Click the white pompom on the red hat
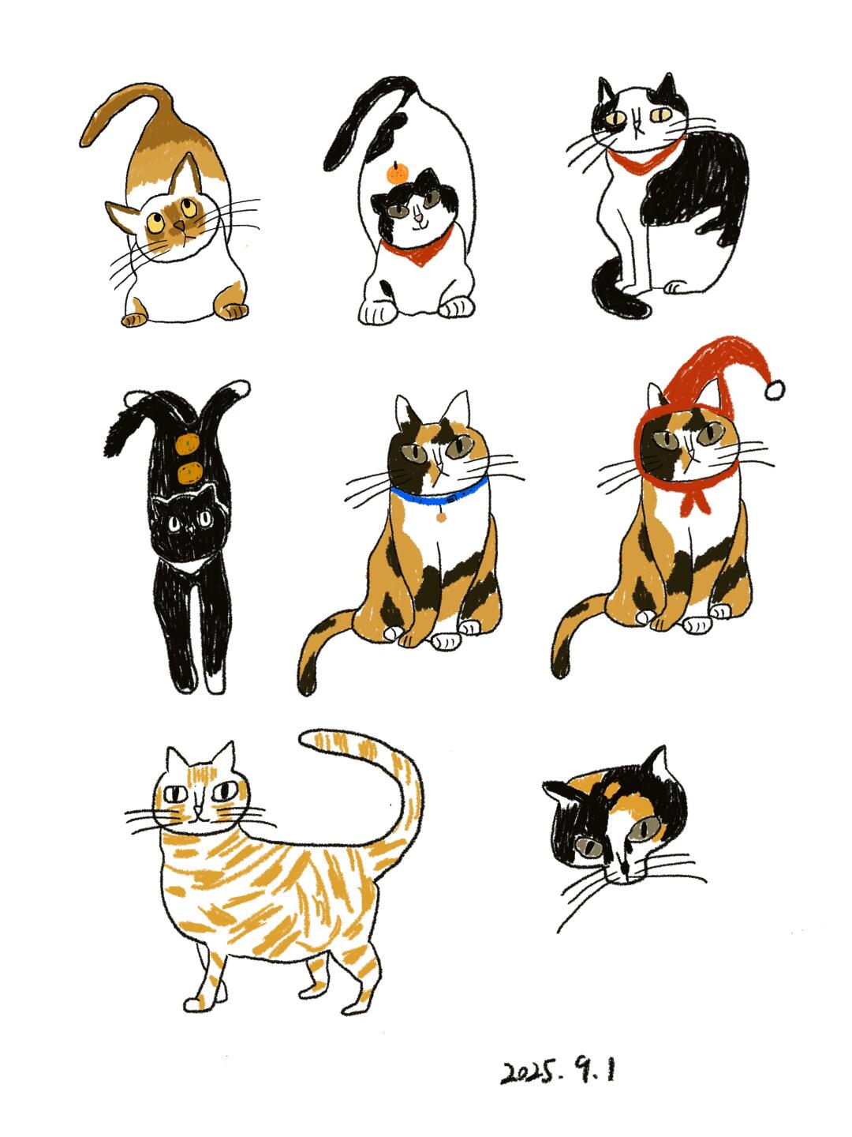pyautogui.click(x=775, y=389)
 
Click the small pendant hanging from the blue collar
pyautogui.click(x=440, y=517)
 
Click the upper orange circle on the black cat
pyautogui.click(x=187, y=444)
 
